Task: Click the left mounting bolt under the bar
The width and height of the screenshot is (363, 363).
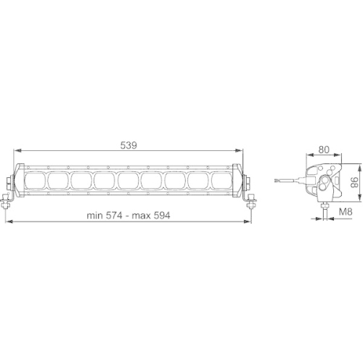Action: (x=9, y=204)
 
